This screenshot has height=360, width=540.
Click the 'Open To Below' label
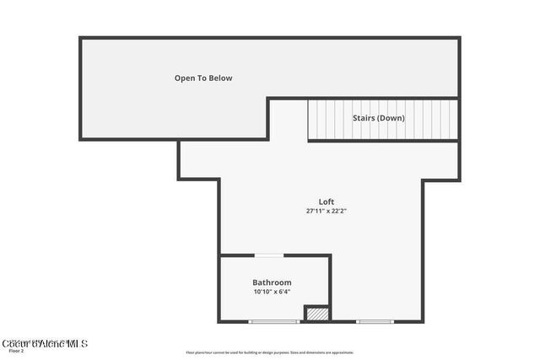[203, 78]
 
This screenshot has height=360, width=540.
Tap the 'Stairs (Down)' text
[378, 118]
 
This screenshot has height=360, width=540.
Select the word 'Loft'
[327, 201]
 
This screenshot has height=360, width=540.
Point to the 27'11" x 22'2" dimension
[327, 211]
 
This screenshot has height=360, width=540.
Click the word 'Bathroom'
[272, 282]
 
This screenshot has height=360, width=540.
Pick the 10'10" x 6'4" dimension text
[272, 292]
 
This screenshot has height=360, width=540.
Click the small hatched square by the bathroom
[316, 313]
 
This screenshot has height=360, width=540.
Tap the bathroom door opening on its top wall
[269, 255]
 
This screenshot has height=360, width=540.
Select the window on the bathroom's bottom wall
[273, 321]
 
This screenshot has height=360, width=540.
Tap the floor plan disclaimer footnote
[269, 352]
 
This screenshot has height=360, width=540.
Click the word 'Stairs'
[364, 118]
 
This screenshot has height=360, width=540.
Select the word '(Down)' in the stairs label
[391, 118]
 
